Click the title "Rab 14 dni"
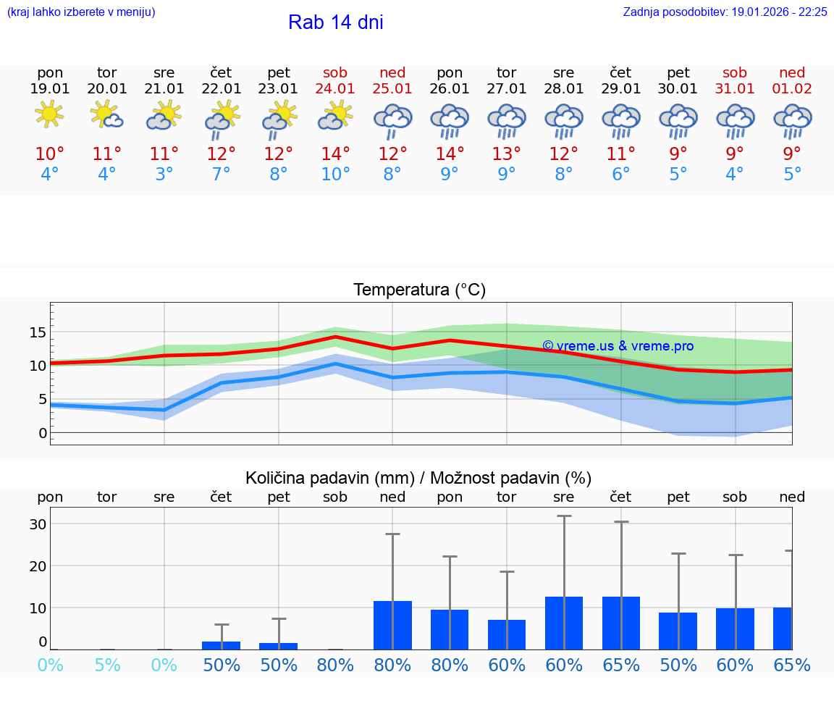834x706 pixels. click(335, 22)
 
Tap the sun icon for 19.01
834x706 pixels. click(49, 114)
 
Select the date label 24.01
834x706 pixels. click(335, 89)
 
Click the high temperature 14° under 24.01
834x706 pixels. click(335, 154)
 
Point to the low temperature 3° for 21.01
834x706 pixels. click(164, 175)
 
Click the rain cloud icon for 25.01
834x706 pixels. click(392, 120)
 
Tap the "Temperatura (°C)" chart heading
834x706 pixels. click(419, 290)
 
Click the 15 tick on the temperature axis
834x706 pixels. click(38, 332)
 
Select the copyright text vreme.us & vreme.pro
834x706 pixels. click(618, 346)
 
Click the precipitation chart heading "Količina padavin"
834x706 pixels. click(418, 478)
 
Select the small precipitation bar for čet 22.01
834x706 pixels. click(222, 645)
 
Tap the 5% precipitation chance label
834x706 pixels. click(107, 665)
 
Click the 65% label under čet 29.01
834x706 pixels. click(621, 665)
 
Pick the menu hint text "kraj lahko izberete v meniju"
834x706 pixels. click(81, 12)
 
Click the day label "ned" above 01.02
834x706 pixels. click(792, 72)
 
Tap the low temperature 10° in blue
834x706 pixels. click(335, 175)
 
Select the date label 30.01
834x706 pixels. click(678, 89)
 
